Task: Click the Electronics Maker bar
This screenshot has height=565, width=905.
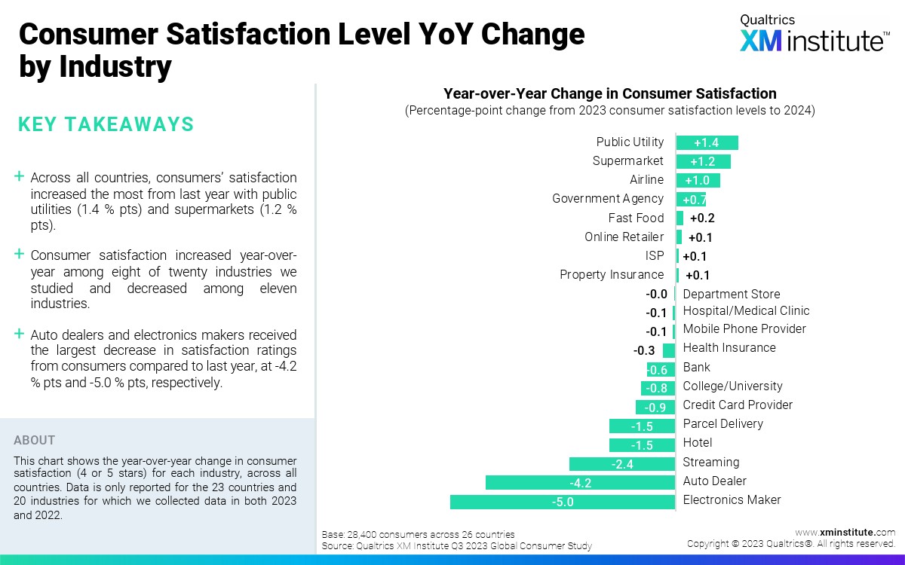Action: tap(562, 501)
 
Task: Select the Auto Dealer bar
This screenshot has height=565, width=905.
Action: tap(580, 482)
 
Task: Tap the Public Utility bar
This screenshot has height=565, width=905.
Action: tap(707, 142)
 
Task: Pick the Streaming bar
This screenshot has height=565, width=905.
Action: tap(622, 463)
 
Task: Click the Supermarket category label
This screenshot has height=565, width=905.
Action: tap(628, 161)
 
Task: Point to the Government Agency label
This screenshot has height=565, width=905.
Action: tap(608, 199)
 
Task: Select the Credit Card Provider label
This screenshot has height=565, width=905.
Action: tap(738, 405)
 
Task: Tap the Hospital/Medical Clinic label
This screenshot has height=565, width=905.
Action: tap(746, 311)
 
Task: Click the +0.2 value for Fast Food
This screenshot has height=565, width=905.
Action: tap(701, 218)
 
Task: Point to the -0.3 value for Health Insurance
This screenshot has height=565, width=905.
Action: tap(644, 350)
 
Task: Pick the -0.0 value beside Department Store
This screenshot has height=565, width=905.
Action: tap(656, 295)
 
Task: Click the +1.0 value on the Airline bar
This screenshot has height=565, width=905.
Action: tap(698, 180)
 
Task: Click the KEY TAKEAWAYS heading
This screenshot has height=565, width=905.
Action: tap(106, 124)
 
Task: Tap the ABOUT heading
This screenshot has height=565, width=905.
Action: tap(35, 441)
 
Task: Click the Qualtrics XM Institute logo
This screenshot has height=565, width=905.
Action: tap(814, 34)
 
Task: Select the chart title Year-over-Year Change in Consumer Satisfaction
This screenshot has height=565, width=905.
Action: tap(609, 94)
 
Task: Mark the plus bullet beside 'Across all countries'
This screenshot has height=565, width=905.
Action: tap(19, 176)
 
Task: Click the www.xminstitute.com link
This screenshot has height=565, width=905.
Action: tap(845, 533)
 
